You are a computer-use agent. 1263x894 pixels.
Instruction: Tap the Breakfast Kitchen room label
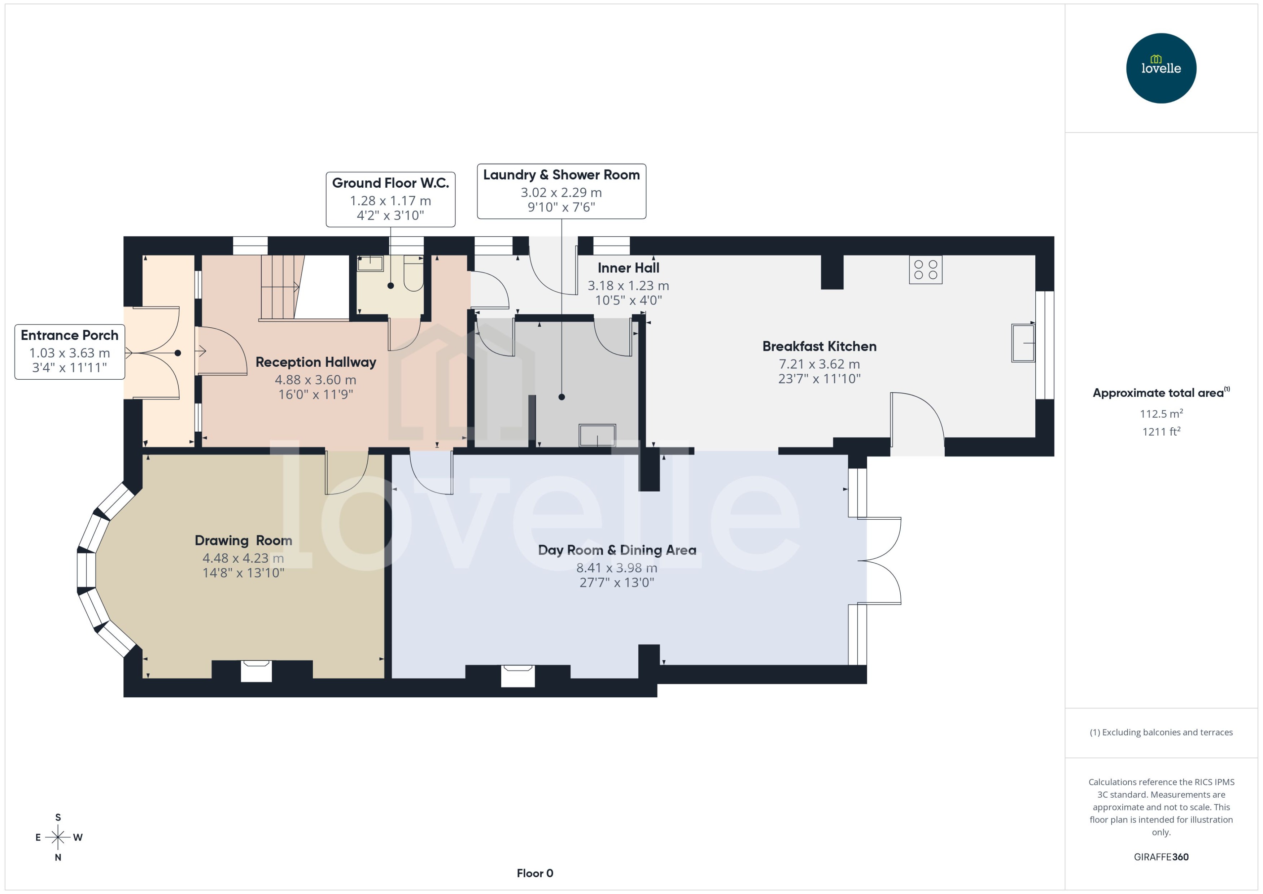click(819, 346)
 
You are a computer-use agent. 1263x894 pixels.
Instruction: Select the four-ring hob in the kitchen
click(925, 270)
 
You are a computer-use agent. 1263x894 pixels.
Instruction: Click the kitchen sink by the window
click(1023, 343)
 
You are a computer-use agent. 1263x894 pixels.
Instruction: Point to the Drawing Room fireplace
click(257, 671)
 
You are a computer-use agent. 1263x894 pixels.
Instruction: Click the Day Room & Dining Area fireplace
click(517, 675)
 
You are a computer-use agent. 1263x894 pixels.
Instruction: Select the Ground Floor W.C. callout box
click(390, 199)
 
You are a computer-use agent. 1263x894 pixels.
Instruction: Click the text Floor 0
click(534, 873)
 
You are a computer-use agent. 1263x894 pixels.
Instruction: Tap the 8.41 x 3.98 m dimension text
click(616, 568)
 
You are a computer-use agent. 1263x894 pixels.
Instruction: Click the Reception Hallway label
click(315, 362)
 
